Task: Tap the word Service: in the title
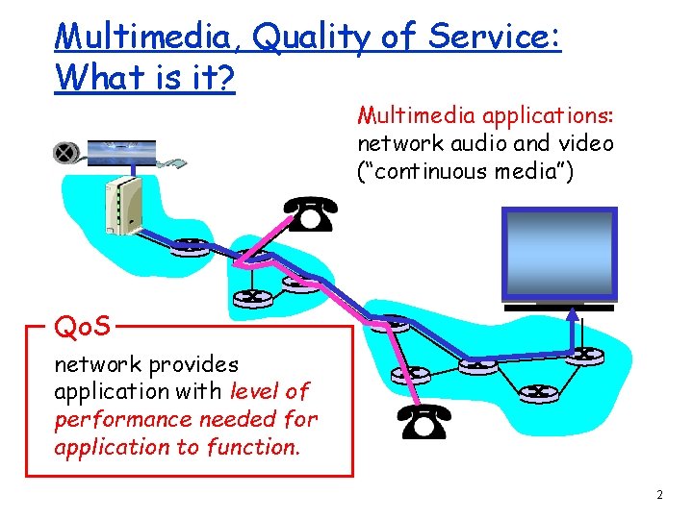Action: pos(495,36)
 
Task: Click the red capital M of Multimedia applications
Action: pos(367,116)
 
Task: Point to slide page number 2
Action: pos(659,495)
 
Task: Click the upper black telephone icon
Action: pos(311,216)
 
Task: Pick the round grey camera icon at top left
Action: pos(66,152)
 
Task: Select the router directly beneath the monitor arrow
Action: pos(579,354)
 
